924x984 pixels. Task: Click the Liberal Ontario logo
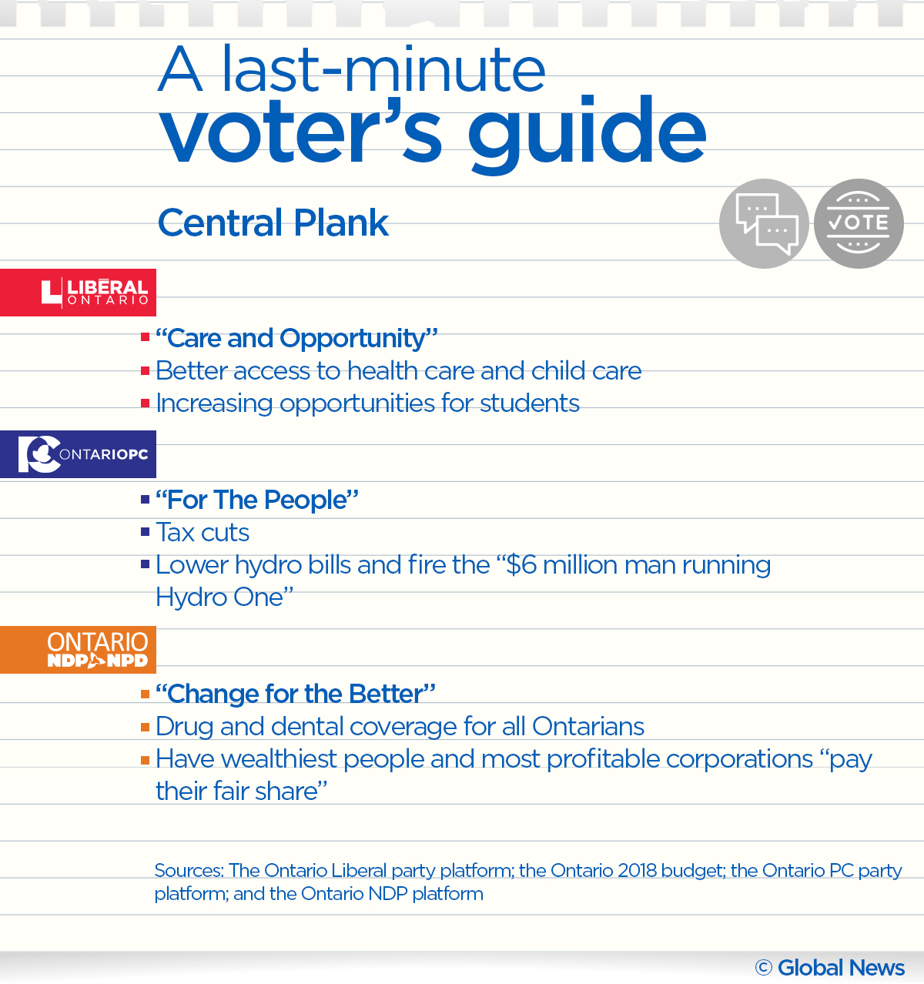click(78, 293)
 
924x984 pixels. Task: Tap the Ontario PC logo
click(78, 454)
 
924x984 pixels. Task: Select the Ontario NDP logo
click(78, 650)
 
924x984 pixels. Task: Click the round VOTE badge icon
click(859, 224)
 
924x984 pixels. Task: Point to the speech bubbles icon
click(764, 224)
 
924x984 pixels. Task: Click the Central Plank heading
click(273, 223)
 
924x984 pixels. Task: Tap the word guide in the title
click(587, 132)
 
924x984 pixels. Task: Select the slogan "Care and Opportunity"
click(296, 338)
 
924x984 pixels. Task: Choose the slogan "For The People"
click(257, 500)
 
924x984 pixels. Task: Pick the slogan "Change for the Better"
click(296, 694)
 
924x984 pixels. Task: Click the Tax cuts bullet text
click(203, 532)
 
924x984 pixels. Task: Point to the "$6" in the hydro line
click(521, 565)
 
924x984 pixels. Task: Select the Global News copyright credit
click(830, 968)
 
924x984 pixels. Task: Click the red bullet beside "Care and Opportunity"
click(145, 337)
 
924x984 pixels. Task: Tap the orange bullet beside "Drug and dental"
click(145, 726)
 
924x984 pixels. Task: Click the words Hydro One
click(219, 597)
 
